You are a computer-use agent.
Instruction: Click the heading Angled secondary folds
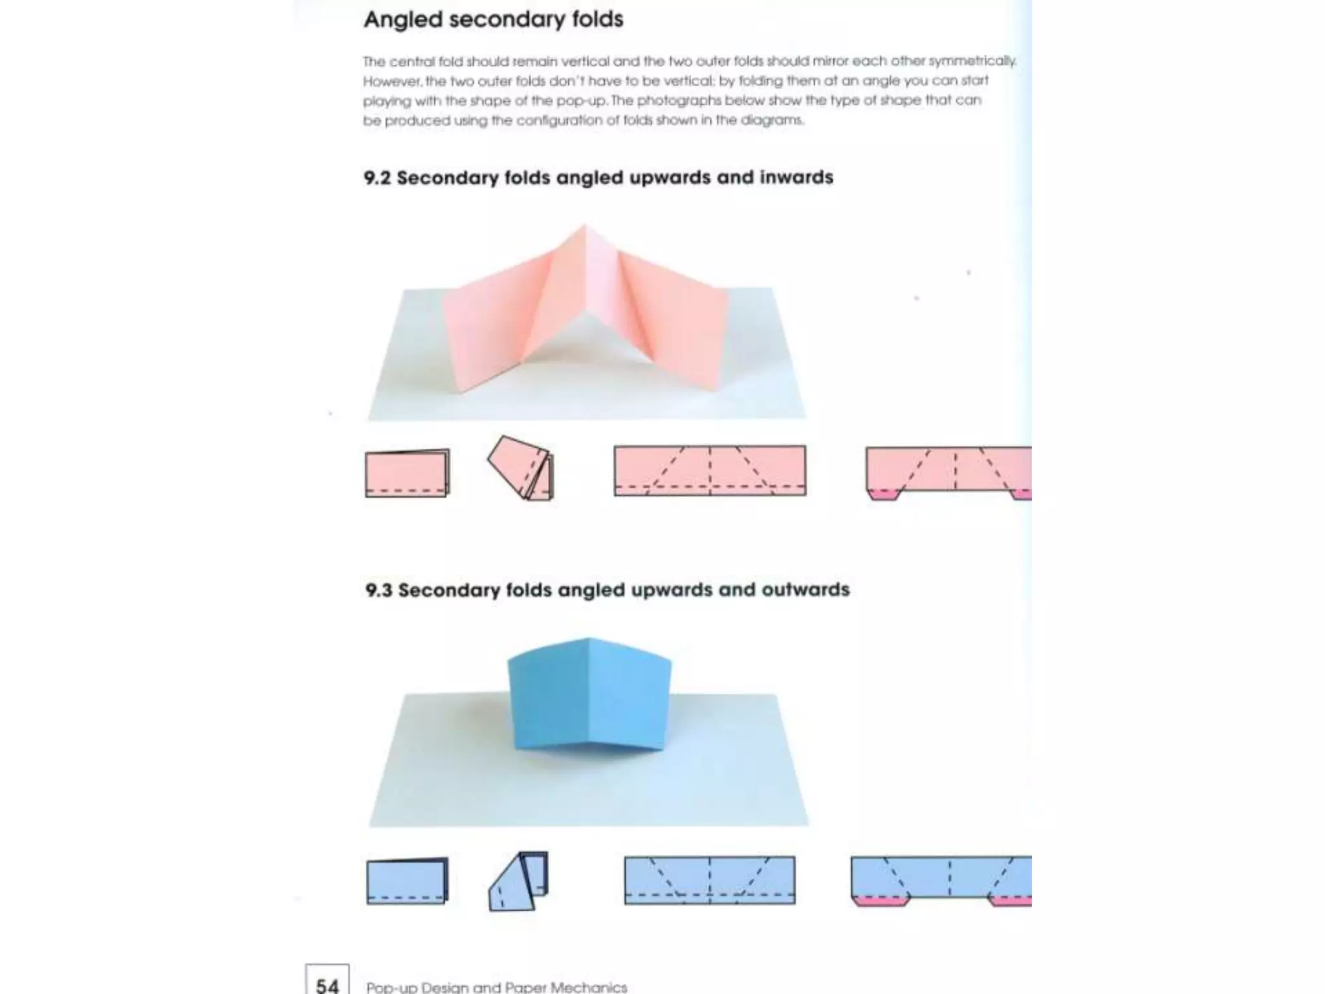[493, 19]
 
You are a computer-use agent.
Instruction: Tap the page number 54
[327, 985]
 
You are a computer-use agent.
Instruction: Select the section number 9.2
[377, 177]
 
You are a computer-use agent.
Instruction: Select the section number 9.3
[378, 590]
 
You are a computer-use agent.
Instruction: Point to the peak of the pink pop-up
[585, 226]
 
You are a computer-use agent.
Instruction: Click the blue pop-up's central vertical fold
[589, 692]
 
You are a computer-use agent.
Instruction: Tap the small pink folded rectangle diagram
[406, 474]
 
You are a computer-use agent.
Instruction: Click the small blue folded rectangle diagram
[406, 881]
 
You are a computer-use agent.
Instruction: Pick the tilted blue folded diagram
[518, 881]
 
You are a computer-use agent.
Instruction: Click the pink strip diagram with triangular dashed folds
[710, 470]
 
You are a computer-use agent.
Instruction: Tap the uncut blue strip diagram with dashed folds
[710, 880]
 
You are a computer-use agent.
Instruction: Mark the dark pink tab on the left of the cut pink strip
[883, 494]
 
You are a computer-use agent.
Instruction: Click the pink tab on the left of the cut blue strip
[880, 901]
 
